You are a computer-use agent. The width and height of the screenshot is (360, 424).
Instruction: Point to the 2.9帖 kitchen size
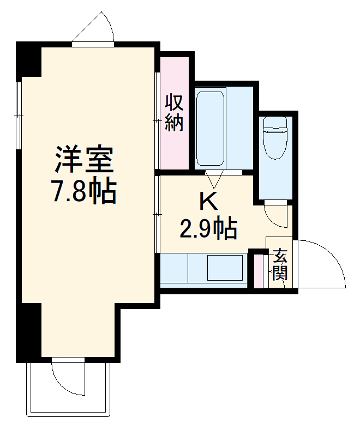208,228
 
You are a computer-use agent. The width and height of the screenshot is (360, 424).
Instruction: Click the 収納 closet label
174,113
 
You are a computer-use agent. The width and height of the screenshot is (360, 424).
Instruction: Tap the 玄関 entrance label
280,264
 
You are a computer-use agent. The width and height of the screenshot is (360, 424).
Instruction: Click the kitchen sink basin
227,267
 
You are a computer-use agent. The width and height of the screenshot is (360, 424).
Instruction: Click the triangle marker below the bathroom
213,178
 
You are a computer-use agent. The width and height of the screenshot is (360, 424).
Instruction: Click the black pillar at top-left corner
29,59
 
